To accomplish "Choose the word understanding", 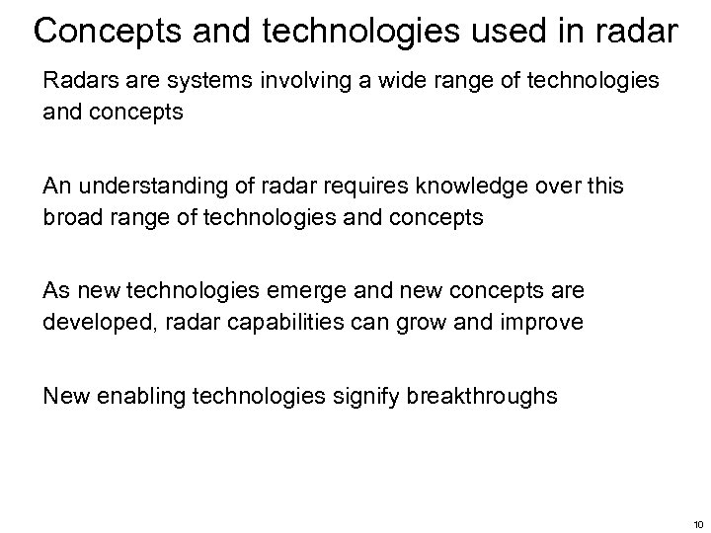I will click(154, 188).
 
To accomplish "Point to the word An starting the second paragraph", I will click(57, 188).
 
